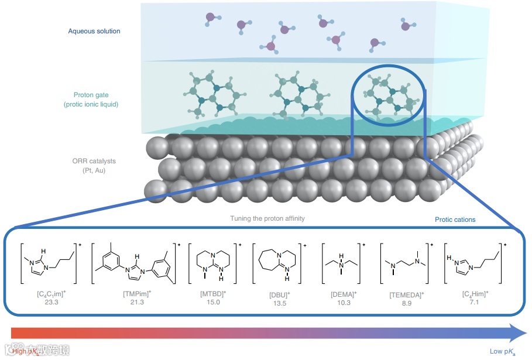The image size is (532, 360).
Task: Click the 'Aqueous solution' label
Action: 94,31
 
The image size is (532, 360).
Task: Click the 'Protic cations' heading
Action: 455,220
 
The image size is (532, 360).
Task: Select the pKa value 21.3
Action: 138,301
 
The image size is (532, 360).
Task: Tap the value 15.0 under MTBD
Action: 214,301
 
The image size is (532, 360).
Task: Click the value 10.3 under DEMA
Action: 343,301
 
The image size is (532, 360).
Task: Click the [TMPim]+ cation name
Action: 139,293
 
